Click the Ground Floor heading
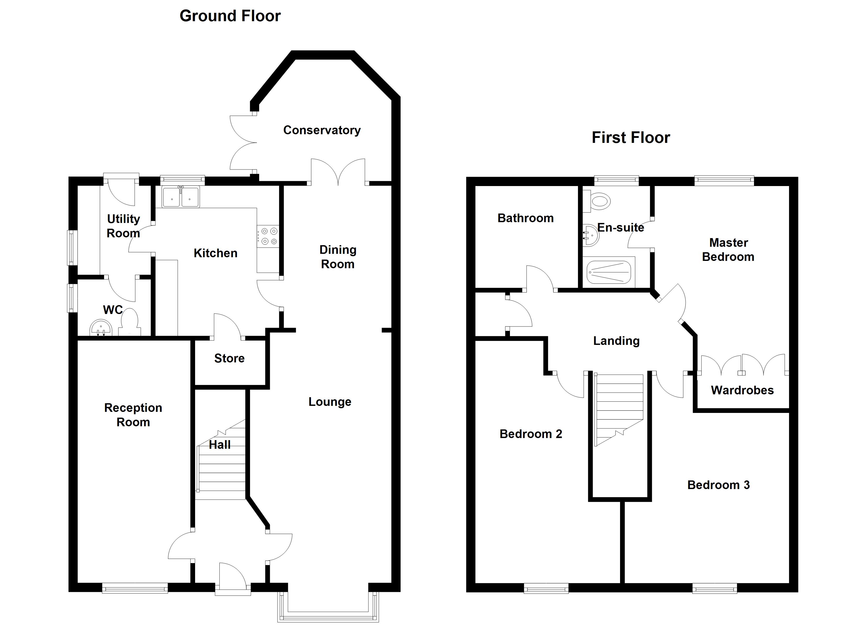230,16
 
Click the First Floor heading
631,137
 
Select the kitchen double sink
180,197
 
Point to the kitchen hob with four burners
269,236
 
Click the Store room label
229,358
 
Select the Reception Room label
133,415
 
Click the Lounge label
330,402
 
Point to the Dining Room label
338,257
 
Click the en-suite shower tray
609,272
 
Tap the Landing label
616,341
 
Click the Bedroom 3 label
718,485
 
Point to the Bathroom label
525,218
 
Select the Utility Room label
123,226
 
